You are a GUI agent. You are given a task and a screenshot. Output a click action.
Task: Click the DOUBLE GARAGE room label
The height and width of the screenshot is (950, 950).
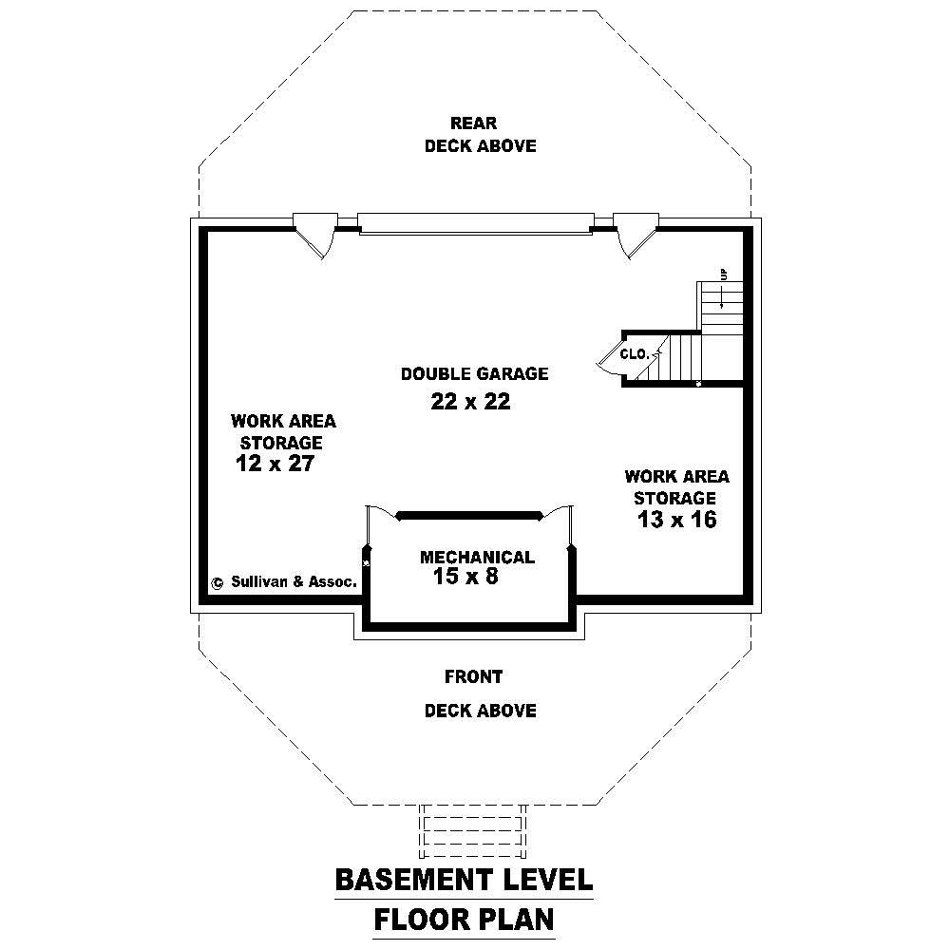pyautogui.click(x=474, y=374)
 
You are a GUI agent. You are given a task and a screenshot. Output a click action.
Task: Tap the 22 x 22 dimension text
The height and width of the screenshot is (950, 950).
pyautogui.click(x=470, y=402)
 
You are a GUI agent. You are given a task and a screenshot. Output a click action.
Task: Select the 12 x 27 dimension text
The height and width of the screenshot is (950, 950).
pyautogui.click(x=275, y=464)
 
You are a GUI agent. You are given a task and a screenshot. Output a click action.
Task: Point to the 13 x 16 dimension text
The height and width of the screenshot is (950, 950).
pyautogui.click(x=676, y=520)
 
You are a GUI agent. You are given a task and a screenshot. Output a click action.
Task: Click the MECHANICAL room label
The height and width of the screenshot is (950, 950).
pyautogui.click(x=477, y=558)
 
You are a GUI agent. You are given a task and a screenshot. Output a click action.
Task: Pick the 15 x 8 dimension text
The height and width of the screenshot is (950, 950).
pyautogui.click(x=465, y=577)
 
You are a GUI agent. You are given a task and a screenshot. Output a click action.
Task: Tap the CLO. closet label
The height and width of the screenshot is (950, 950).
pyautogui.click(x=635, y=354)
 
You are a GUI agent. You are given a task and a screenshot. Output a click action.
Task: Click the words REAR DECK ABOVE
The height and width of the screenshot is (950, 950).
pyautogui.click(x=479, y=134)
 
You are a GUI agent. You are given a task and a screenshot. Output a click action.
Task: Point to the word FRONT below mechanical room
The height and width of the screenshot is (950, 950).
pyautogui.click(x=473, y=677)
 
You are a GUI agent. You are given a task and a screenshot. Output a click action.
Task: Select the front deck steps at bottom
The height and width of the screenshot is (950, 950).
pyautogui.click(x=473, y=832)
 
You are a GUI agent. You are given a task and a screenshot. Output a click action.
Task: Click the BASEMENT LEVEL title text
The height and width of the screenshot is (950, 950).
pyautogui.click(x=464, y=880)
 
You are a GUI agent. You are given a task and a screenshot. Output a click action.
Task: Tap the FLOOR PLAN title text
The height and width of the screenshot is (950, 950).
pyautogui.click(x=464, y=920)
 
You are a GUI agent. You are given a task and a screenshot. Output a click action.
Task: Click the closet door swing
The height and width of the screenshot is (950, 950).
pyautogui.click(x=609, y=360)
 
